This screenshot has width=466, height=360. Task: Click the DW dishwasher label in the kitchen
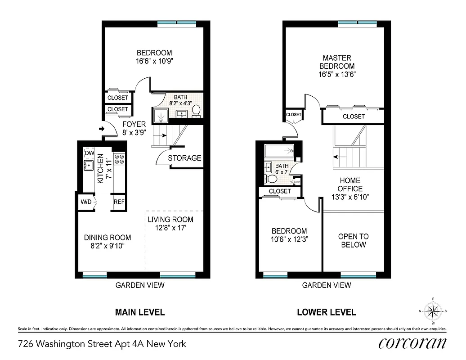(x=89, y=153)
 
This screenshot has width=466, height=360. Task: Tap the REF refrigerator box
(x=119, y=202)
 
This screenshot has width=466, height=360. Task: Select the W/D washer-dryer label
(x=86, y=202)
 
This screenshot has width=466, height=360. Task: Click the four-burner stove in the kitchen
(x=119, y=159)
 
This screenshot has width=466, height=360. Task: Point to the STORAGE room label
(x=184, y=158)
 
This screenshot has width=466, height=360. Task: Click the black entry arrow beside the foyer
(x=101, y=130)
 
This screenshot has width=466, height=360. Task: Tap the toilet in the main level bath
(x=196, y=110)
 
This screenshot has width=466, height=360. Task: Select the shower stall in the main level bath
(x=160, y=115)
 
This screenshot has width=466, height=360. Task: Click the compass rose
(x=433, y=311)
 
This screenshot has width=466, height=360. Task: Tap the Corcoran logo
(x=412, y=343)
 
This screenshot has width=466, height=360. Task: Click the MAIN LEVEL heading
(x=140, y=312)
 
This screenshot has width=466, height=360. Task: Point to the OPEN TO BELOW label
(x=354, y=241)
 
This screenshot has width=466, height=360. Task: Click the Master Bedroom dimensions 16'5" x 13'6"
(x=337, y=75)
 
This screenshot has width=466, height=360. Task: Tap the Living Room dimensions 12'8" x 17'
(x=170, y=228)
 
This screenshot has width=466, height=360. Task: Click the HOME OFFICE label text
(x=350, y=184)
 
